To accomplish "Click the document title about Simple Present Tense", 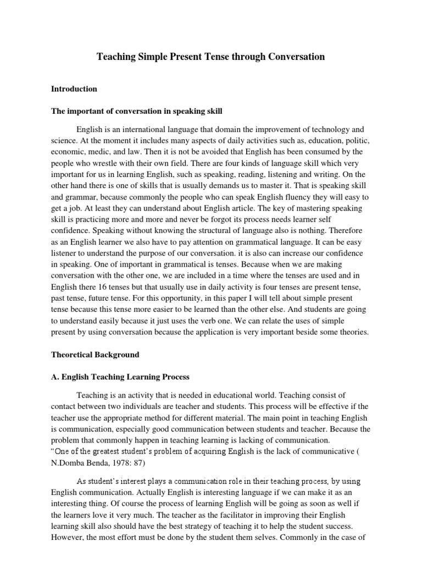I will [211, 57].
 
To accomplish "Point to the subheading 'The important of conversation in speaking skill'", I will [137, 111].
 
